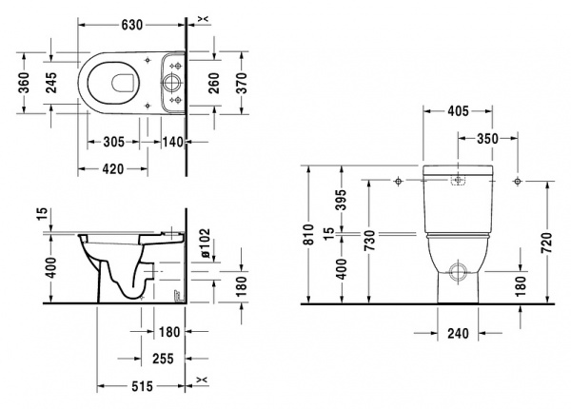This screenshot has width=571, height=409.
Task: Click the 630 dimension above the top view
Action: tap(134, 12)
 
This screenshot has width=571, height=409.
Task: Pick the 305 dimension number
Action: tap(113, 141)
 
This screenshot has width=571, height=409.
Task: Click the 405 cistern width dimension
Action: tap(457, 111)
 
